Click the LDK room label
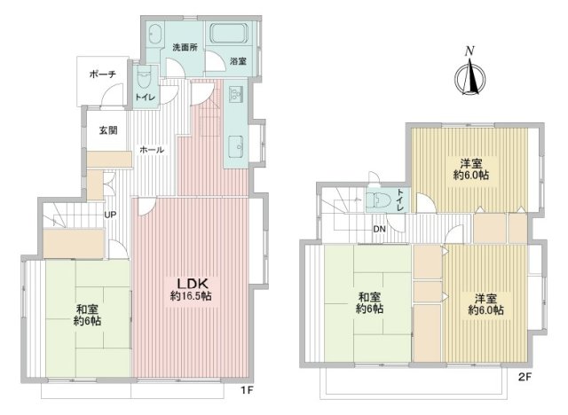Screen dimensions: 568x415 coord(192,283)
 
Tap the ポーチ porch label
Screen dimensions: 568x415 coord(103,74)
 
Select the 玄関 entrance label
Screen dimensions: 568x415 coord(108,130)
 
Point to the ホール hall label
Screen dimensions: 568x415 coord(152,150)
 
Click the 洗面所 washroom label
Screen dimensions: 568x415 coord(185,47)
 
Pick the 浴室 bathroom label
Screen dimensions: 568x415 coord(238,61)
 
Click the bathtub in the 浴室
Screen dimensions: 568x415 coord(230,34)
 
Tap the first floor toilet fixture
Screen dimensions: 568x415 coord(145,77)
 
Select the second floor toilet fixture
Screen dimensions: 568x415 coord(376,200)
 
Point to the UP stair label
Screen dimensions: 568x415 coord(110,215)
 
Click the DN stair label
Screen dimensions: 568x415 coord(379,229)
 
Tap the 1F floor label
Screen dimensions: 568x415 coord(247,390)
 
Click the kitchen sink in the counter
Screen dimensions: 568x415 coord(237,146)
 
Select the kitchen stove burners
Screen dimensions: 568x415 coord(235,95)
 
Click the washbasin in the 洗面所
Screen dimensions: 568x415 coord(154,35)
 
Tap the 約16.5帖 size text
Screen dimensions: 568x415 coord(191,296)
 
